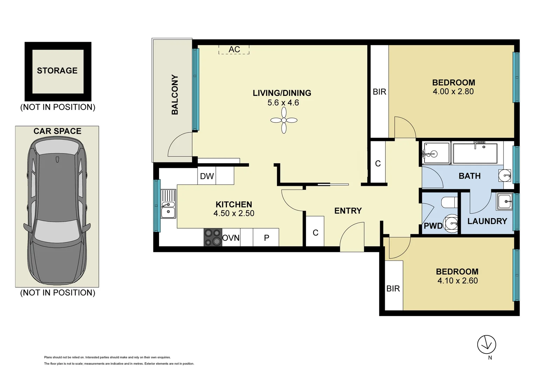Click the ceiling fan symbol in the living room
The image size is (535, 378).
click(x=284, y=120)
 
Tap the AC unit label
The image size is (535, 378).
click(x=234, y=49)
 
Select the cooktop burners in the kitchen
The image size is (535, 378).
click(x=213, y=237)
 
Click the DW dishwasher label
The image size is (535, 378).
click(x=207, y=176)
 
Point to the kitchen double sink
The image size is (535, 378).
click(x=168, y=204)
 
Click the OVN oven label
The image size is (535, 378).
click(x=231, y=238)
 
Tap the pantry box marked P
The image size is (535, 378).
click(x=266, y=238)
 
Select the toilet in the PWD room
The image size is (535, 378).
click(x=449, y=202)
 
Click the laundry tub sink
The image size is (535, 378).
click(x=504, y=202)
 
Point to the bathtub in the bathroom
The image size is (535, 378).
click(x=475, y=153)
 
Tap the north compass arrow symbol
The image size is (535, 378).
click(x=486, y=344)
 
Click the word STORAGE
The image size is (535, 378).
click(x=57, y=71)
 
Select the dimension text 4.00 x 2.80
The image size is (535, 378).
click(x=453, y=92)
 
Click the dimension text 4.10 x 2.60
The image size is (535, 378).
click(x=457, y=281)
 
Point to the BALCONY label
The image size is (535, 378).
click(x=175, y=94)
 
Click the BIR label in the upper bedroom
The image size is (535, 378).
click(x=379, y=92)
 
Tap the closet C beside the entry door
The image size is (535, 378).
click(x=315, y=233)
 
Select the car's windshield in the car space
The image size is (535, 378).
click(x=57, y=231)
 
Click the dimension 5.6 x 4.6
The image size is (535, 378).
click(x=283, y=103)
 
